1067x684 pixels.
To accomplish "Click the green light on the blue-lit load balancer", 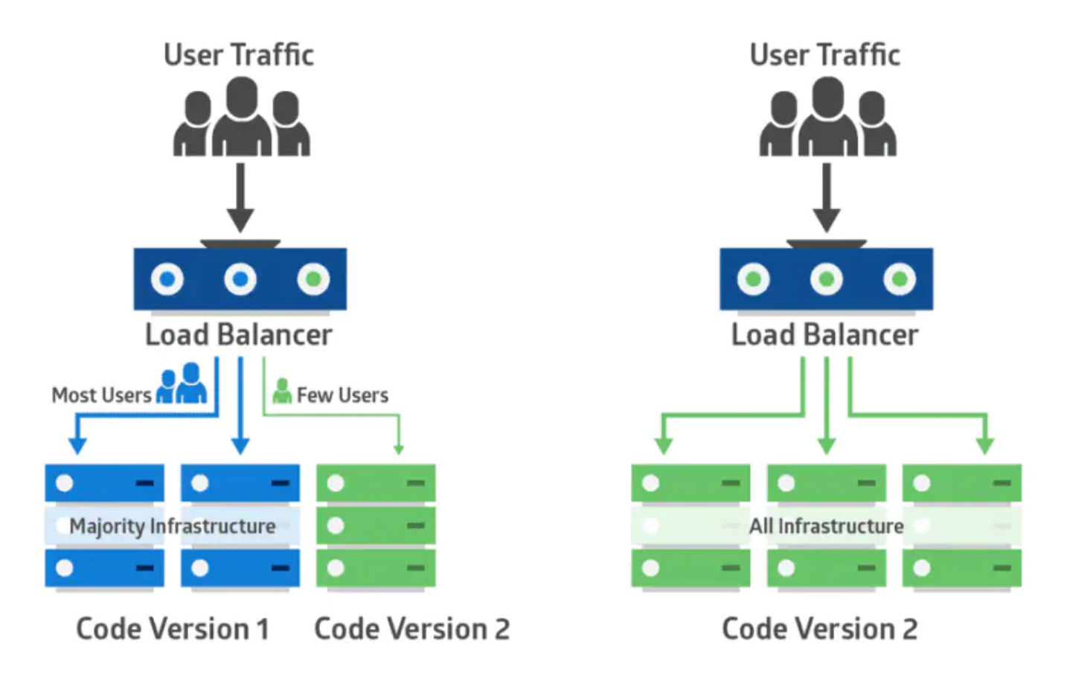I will pyautogui.click(x=313, y=279).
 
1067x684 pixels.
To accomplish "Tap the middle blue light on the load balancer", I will pyautogui.click(x=240, y=279).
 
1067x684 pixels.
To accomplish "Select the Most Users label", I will pyautogui.click(x=101, y=395).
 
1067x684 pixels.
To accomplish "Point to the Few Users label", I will pyautogui.click(x=342, y=395).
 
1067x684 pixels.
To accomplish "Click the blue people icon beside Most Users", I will pyautogui.click(x=182, y=384).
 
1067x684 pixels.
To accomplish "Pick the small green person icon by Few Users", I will pyautogui.click(x=282, y=391).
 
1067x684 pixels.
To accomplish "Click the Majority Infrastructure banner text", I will pyautogui.click(x=172, y=526).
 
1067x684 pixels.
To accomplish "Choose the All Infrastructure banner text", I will pyautogui.click(x=826, y=526).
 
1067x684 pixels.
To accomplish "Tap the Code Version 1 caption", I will pyautogui.click(x=172, y=629).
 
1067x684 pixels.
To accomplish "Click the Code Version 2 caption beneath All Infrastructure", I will pyautogui.click(x=819, y=629).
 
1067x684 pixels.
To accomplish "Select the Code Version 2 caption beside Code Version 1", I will pyautogui.click(x=411, y=629).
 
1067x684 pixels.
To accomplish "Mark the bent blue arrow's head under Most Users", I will pyautogui.click(x=77, y=446).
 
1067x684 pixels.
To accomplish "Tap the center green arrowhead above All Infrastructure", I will pyautogui.click(x=826, y=446).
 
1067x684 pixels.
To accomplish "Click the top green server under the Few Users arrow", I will pyautogui.click(x=376, y=483).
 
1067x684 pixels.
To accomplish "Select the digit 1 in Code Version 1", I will pyautogui.click(x=262, y=629).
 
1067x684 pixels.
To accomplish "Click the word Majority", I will pyautogui.click(x=107, y=526).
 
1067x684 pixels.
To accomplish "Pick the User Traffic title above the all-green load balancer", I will pyautogui.click(x=824, y=55).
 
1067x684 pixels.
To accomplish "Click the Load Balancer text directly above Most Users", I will pyautogui.click(x=238, y=335).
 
